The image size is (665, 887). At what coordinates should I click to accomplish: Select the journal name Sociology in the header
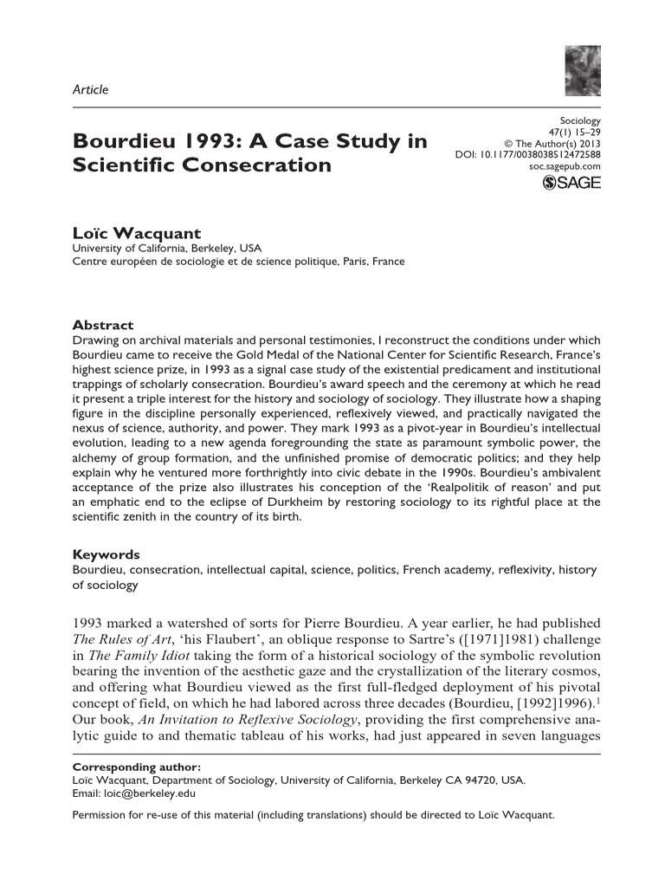tap(581, 121)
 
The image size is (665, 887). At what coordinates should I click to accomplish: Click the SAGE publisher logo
tap(571, 183)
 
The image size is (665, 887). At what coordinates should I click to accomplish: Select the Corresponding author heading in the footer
tap(137, 767)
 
